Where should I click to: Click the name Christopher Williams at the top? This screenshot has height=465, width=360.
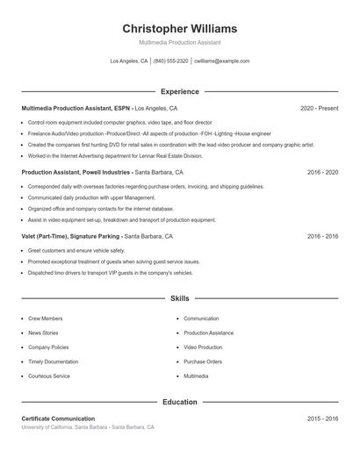pos(180,28)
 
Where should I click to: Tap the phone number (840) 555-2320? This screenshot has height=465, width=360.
pos(171,61)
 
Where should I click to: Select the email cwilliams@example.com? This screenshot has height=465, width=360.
pos(222,61)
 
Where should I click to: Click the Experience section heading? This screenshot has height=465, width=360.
pos(180,91)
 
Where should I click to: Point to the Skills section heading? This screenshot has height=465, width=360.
pos(180,299)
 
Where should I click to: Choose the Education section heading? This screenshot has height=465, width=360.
pos(180,402)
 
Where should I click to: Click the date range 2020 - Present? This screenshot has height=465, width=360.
pos(319,108)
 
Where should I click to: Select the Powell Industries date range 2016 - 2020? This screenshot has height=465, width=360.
pos(322,173)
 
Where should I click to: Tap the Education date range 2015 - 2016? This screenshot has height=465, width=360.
pos(322,418)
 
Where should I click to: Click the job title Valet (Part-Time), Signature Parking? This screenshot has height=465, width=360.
pos(70,237)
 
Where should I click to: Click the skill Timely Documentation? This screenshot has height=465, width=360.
pos(54,361)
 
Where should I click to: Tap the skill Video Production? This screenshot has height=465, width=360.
pos(203,347)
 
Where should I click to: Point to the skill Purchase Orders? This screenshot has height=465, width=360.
pos(203,361)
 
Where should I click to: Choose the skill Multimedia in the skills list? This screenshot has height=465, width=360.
pos(196,376)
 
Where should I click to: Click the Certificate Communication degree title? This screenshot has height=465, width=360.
pos(58,418)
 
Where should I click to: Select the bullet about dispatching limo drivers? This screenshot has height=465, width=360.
pos(97,273)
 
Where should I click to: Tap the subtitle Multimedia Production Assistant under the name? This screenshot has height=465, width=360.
pos(180,42)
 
